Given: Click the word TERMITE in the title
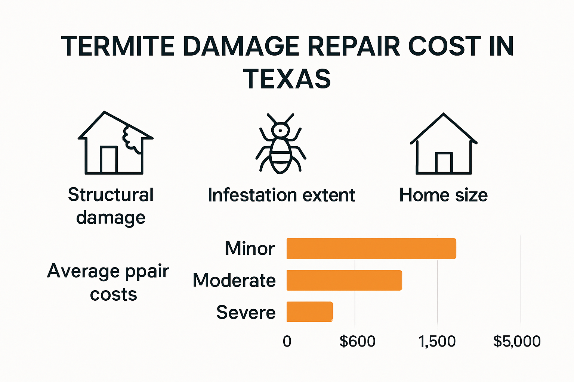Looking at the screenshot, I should pos(118,47).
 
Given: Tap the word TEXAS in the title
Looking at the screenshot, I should pos(287,79).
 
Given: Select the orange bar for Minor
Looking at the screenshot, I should pos(371,248).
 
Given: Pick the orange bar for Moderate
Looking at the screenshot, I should pos(344,280).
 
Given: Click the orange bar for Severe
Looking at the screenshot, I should pos(309,312).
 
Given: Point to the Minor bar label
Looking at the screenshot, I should pos(250,248).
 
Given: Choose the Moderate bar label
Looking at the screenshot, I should pos(234,281).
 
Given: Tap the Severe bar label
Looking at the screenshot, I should pos(246,313).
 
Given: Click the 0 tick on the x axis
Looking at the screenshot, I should pos(287,341).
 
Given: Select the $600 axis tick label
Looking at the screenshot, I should pos(357,341).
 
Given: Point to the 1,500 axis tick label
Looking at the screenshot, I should pos(437,341).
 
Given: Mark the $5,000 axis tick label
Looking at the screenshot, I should pos(517,341).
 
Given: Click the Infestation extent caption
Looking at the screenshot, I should pos(281,195).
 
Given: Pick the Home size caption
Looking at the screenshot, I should pos(444,195).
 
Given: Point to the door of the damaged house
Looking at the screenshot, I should pos(109,160).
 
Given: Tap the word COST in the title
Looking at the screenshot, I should pos(445,47).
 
